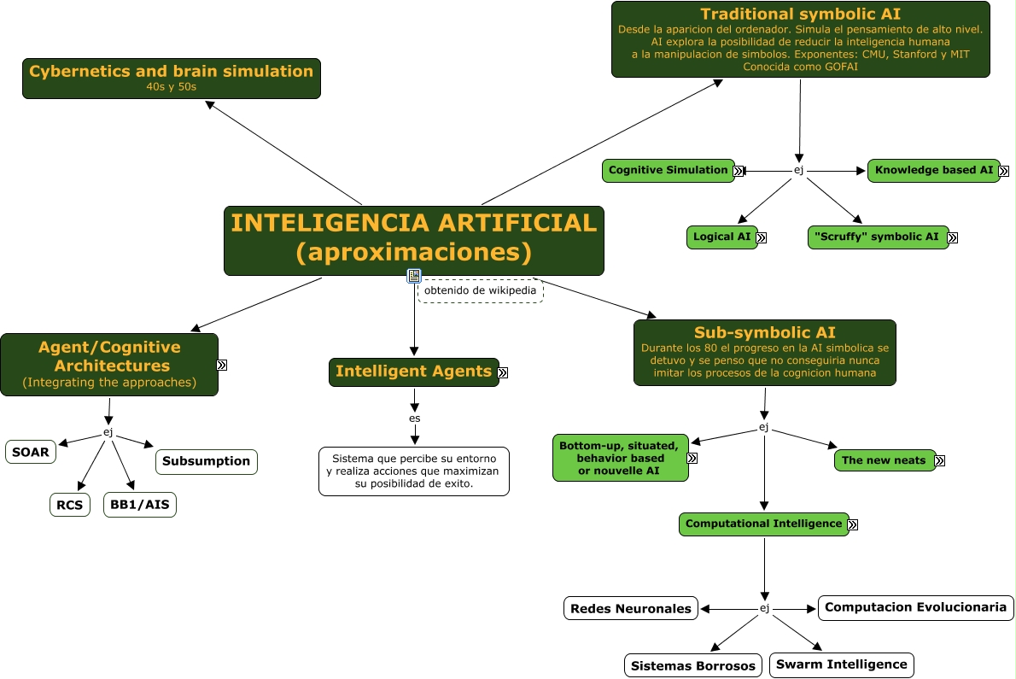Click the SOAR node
31,452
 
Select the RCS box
69,505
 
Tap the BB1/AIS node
140,505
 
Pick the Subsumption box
206,461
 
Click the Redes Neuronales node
630,608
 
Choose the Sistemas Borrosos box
692,665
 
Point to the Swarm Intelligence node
842,664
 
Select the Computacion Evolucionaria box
915,608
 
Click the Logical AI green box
721,237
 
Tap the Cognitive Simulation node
668,171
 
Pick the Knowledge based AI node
934,171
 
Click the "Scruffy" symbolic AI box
878,237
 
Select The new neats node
885,460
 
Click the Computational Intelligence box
763,524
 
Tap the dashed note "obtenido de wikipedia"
480,291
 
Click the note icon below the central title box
414,276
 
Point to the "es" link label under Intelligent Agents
415,419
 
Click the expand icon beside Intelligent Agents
503,372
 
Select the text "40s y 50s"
171,87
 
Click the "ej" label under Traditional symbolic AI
799,171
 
